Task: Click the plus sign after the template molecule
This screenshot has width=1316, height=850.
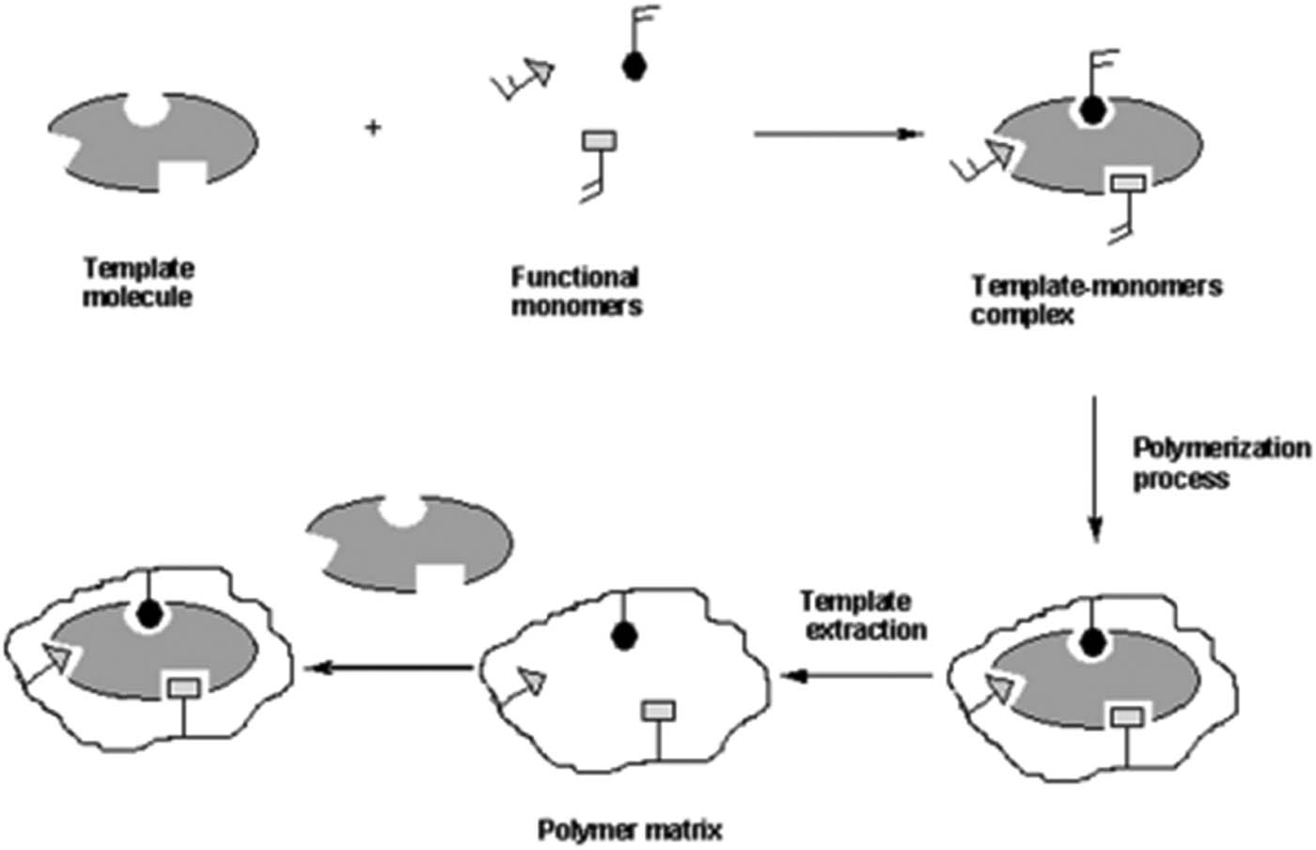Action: click(x=373, y=127)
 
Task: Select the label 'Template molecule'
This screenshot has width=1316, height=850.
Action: click(x=138, y=283)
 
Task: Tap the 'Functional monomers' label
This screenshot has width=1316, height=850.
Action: click(x=576, y=291)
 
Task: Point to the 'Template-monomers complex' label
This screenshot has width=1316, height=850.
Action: click(x=1095, y=299)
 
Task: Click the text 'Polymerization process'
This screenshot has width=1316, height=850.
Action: click(x=1220, y=463)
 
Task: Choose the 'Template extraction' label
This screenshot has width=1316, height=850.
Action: click(x=864, y=615)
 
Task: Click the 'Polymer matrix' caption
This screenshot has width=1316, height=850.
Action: click(x=630, y=830)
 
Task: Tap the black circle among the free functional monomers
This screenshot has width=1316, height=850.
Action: click(x=634, y=65)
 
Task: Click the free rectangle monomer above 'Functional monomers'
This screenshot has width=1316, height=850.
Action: click(x=600, y=141)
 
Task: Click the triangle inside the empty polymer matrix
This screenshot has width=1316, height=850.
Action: click(x=533, y=680)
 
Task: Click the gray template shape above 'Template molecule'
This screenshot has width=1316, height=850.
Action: click(x=150, y=141)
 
